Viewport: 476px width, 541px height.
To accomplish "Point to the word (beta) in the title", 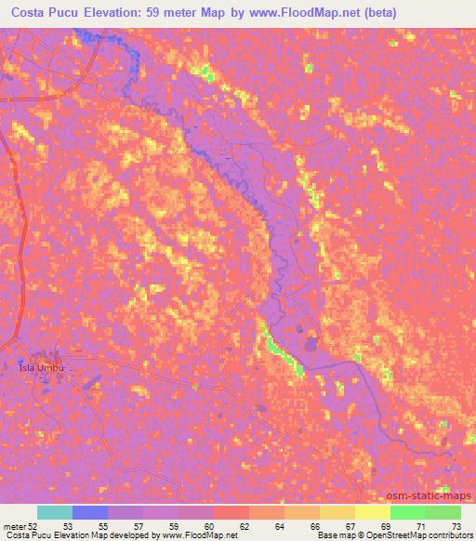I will [444, 13].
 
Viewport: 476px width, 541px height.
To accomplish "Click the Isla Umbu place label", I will [41, 367].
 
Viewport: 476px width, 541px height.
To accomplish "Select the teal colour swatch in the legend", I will [55, 512].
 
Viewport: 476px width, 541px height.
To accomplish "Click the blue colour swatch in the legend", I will [90, 512].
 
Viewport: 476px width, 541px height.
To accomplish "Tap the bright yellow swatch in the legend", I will [373, 512].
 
